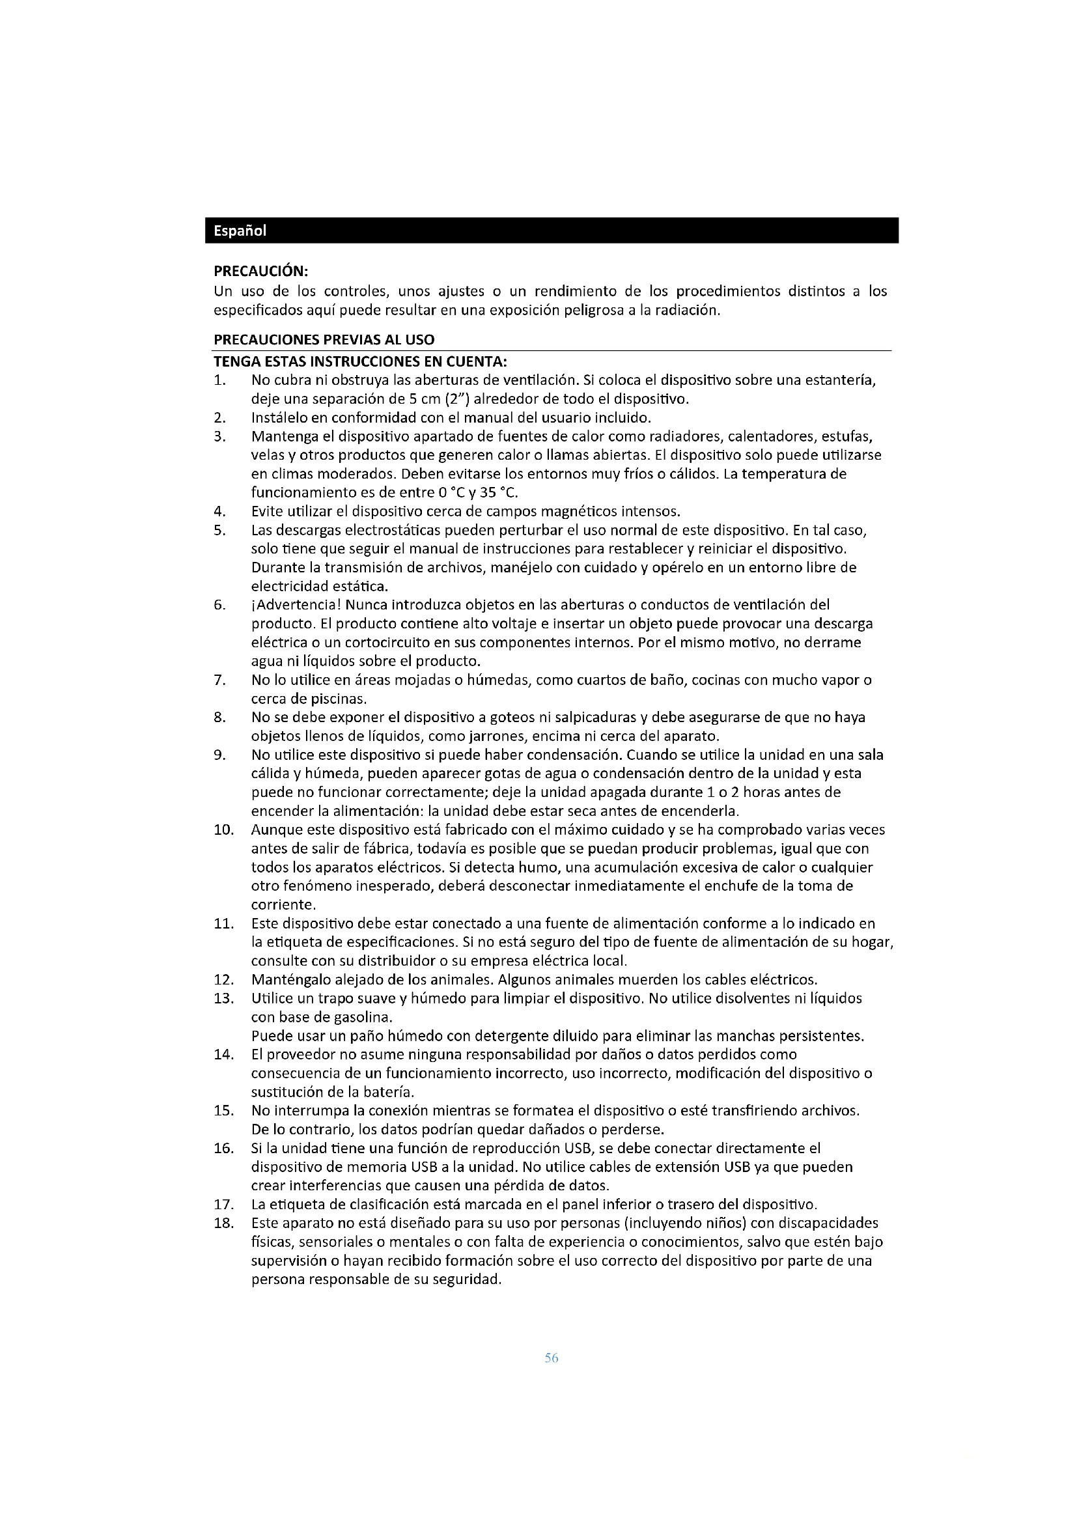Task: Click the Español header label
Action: pos(240,231)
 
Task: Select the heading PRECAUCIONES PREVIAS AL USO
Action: pos(324,341)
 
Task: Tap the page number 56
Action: pos(551,1358)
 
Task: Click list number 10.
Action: pos(223,830)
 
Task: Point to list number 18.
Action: pos(223,1223)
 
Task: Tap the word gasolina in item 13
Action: pos(366,1018)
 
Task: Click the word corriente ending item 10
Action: pos(283,905)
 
